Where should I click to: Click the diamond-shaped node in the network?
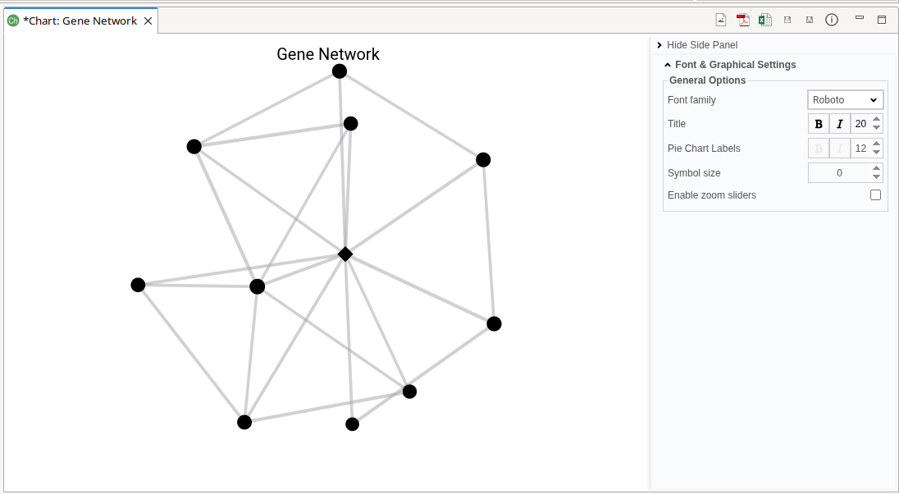point(345,254)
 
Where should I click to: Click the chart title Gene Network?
point(328,54)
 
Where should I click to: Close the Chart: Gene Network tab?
point(148,21)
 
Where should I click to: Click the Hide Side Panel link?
point(701,45)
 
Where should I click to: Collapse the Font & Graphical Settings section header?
point(735,65)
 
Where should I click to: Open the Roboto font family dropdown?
point(846,100)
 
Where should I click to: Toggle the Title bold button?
point(819,124)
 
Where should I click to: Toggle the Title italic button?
point(839,124)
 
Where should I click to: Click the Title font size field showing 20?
point(860,124)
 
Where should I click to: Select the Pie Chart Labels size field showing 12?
point(860,149)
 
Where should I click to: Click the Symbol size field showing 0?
point(839,173)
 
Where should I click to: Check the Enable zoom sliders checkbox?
point(875,195)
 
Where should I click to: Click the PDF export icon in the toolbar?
point(742,21)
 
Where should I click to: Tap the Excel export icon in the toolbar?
point(764,21)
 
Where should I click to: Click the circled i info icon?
point(832,20)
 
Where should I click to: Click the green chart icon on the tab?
point(13,21)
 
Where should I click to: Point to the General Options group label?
point(707,80)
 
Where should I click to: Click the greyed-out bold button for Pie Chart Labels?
point(819,149)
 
